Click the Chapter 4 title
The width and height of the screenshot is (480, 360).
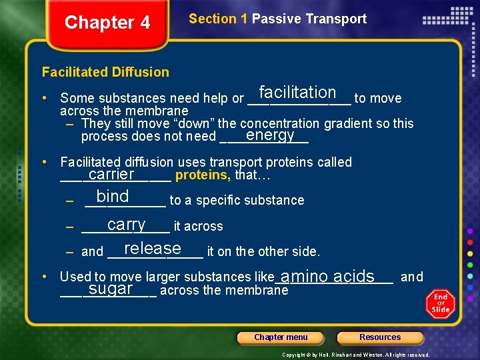(107, 23)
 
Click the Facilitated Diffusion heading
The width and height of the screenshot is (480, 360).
(105, 72)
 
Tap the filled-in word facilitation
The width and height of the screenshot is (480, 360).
(297, 93)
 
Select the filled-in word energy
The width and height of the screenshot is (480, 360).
(270, 135)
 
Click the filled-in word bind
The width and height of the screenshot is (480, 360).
(113, 197)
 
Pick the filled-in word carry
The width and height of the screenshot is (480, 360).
(126, 225)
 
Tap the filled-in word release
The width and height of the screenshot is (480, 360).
(153, 249)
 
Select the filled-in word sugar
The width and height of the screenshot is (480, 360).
(111, 289)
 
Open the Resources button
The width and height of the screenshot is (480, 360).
(380, 337)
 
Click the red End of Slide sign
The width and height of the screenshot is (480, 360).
(440, 303)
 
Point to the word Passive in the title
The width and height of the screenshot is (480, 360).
(274, 19)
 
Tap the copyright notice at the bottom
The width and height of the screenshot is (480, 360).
(356, 355)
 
